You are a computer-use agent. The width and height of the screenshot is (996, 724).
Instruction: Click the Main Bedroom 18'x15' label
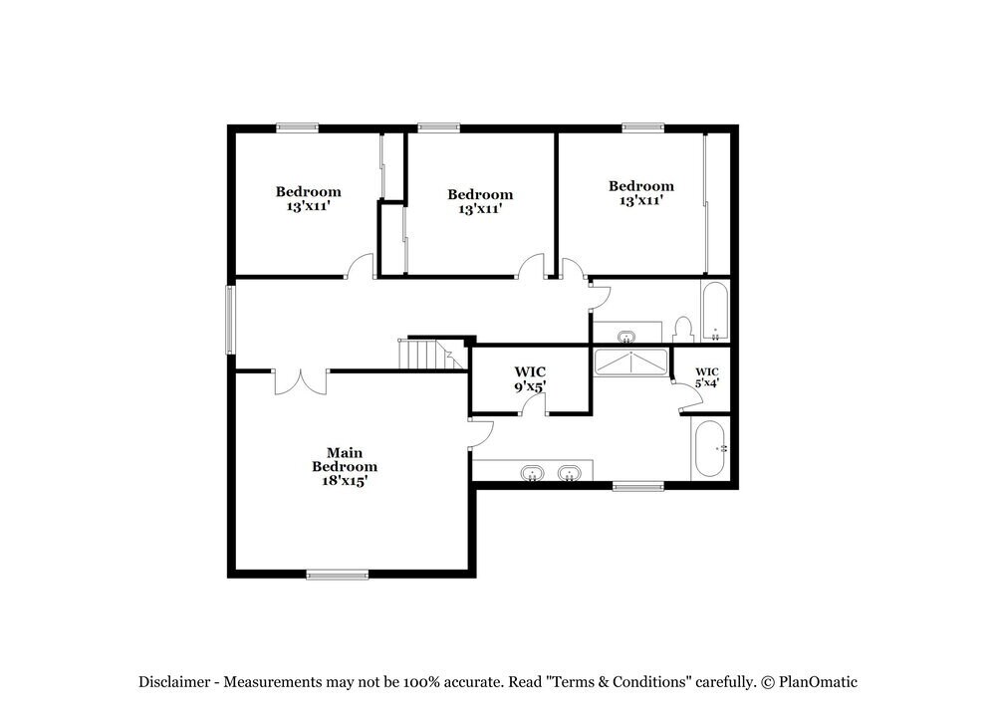(344, 466)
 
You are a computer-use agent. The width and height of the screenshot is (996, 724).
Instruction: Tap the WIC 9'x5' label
(530, 378)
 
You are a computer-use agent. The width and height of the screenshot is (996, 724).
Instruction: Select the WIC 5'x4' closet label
(707, 375)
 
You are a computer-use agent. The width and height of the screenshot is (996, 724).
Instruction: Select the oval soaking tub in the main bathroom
(711, 449)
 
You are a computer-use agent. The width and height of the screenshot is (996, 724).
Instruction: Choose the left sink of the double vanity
(534, 473)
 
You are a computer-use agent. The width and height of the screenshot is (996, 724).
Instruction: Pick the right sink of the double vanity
(570, 473)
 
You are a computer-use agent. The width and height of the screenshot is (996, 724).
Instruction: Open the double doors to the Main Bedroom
(300, 381)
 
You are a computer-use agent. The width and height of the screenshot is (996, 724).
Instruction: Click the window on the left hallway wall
(230, 320)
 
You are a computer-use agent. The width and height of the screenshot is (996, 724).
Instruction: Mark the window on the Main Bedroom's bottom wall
(337, 574)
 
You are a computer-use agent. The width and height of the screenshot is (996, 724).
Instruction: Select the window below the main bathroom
(637, 486)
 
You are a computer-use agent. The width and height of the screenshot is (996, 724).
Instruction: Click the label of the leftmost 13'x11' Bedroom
(308, 199)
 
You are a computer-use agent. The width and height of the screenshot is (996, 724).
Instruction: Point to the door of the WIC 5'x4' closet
(682, 400)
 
